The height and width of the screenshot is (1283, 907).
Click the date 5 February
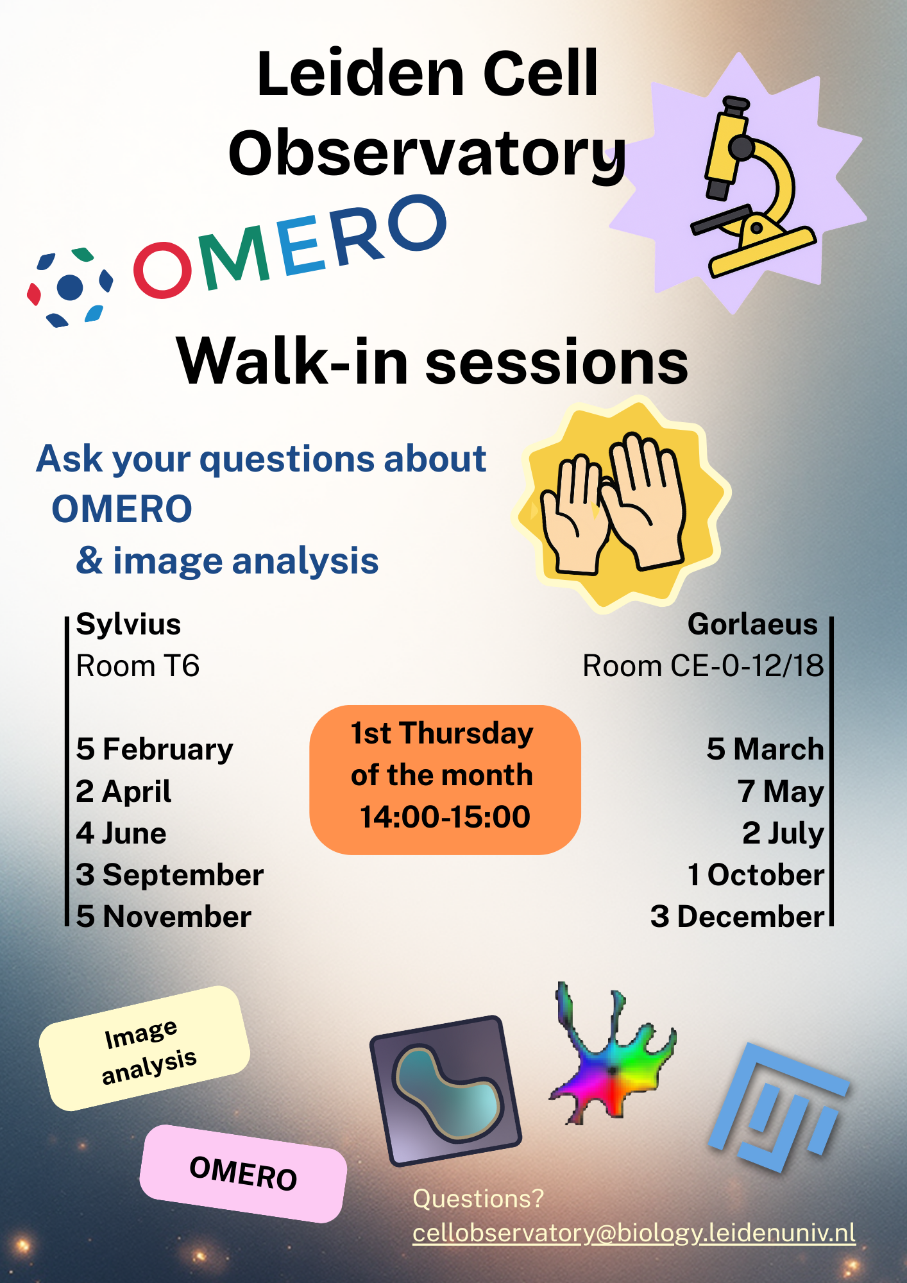(x=155, y=749)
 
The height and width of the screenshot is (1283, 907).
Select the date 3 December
(x=737, y=917)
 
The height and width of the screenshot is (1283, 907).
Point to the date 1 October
(x=756, y=875)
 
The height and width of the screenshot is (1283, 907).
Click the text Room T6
(x=138, y=666)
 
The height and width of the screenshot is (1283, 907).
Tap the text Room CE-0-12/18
(x=703, y=666)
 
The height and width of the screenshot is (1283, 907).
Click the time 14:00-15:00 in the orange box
(x=445, y=817)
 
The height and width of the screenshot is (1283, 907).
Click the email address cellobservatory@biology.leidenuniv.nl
(x=634, y=1233)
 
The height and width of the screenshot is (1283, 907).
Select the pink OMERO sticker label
(x=243, y=1173)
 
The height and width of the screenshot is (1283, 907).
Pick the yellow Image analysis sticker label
(x=145, y=1048)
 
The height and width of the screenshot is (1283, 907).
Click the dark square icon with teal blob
(x=446, y=1091)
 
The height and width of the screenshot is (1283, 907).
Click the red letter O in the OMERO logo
(x=162, y=269)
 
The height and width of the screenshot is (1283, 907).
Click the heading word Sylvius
(x=128, y=624)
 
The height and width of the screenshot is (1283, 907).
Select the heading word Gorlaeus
(x=752, y=624)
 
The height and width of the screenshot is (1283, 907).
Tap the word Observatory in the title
(x=427, y=154)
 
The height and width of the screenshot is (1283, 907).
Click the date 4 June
(x=121, y=833)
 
